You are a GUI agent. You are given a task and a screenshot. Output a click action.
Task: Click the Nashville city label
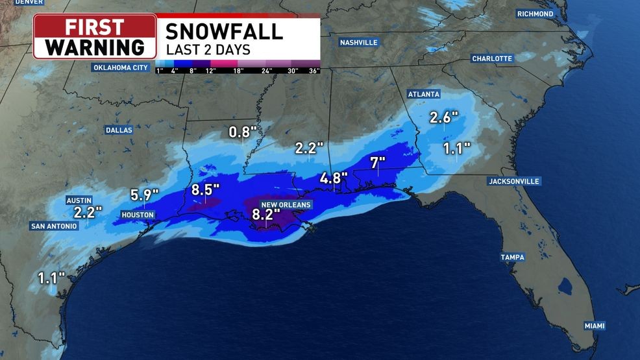point(358,42)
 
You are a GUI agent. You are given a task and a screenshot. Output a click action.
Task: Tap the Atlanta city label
point(424,94)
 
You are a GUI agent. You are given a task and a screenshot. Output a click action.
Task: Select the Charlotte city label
point(492,58)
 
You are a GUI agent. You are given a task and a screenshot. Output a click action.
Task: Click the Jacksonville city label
point(514,181)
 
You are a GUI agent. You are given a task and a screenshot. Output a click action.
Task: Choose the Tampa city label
point(512,258)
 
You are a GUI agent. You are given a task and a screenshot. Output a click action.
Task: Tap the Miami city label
point(593,326)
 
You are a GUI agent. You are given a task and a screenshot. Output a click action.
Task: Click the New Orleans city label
point(286,204)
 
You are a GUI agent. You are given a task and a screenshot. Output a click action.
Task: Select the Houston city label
point(138,215)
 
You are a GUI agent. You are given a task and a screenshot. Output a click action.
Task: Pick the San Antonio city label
point(54,226)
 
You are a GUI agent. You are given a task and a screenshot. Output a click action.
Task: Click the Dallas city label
point(119,130)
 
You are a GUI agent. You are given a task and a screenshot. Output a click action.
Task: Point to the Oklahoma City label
point(121,67)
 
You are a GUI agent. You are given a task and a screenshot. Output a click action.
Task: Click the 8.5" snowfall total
point(206,189)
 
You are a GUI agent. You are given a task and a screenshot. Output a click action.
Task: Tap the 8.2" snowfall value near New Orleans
point(266,213)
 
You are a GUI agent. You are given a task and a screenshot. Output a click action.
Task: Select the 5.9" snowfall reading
point(144,193)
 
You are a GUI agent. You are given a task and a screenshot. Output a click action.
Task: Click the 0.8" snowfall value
point(243,132)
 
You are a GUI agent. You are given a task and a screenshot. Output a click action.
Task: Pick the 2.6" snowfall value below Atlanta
point(444,117)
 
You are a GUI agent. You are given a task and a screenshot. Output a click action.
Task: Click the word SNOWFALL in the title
point(224,30)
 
